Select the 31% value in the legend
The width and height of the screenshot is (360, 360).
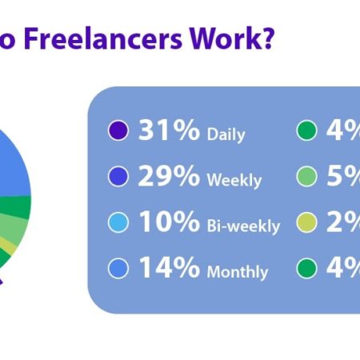point(168,130)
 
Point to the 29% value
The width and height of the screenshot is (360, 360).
point(169,176)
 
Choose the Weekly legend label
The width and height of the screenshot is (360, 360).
point(234,180)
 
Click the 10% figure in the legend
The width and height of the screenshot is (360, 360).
point(169,222)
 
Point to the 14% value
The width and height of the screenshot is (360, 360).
point(169,268)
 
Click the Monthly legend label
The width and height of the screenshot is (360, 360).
point(237,272)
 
